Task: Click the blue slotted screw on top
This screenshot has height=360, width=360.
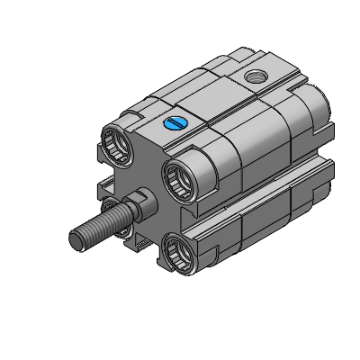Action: point(175,123)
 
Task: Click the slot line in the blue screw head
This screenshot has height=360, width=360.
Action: point(175,123)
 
